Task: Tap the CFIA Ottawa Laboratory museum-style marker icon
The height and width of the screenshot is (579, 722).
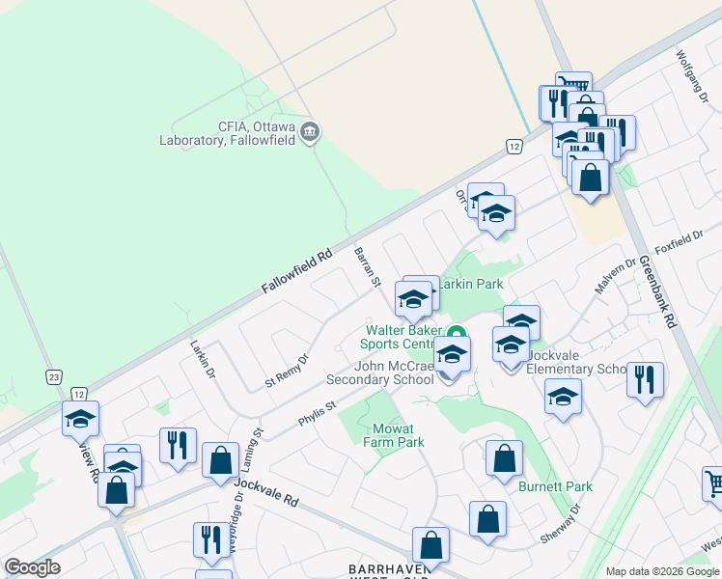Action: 310,132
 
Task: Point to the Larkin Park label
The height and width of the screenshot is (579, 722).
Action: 471,285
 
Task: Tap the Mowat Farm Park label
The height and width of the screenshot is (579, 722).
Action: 393,435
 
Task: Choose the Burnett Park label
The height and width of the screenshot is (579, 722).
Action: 555,487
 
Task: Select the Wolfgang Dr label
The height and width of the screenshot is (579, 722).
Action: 692,69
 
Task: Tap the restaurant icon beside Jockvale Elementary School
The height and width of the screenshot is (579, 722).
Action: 645,378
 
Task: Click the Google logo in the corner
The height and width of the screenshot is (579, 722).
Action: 32,567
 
